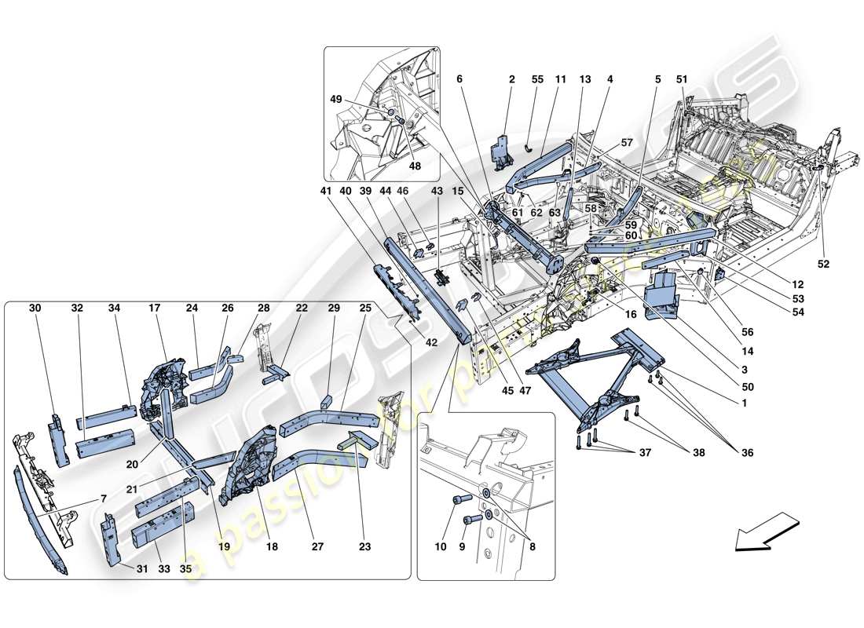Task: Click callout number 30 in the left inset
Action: [35, 309]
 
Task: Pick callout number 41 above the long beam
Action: [326, 191]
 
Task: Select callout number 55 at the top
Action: [538, 79]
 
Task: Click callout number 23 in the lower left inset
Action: [364, 547]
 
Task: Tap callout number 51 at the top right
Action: [681, 79]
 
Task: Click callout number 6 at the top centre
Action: [459, 79]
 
